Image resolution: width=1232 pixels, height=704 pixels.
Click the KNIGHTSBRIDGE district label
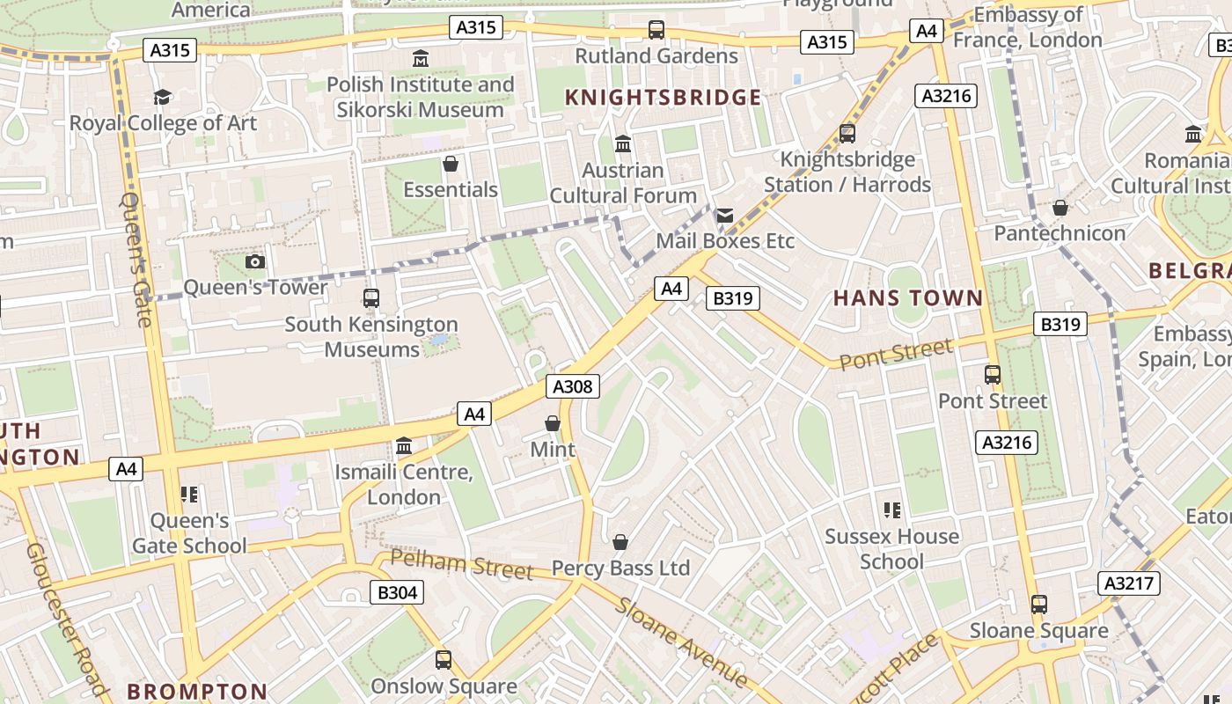click(x=663, y=98)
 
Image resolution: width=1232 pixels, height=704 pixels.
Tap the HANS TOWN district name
click(x=907, y=298)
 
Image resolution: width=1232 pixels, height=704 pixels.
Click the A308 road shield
click(x=573, y=386)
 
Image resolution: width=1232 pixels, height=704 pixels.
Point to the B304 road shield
click(x=397, y=592)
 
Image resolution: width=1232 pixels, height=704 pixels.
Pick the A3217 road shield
click(x=1129, y=583)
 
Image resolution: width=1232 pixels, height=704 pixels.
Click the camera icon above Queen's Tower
click(x=255, y=261)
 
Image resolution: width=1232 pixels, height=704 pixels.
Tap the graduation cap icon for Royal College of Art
click(x=163, y=97)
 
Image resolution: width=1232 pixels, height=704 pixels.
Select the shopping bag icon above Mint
click(x=553, y=424)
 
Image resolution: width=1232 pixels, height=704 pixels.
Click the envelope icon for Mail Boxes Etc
click(x=725, y=216)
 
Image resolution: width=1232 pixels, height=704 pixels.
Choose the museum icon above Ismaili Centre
click(x=404, y=446)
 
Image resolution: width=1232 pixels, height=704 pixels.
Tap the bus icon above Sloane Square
click(x=1039, y=605)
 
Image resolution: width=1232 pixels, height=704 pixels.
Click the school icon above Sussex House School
click(x=891, y=510)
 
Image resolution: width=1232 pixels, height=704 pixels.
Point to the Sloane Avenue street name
click(x=681, y=642)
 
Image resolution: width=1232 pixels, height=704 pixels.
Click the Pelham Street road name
click(x=461, y=564)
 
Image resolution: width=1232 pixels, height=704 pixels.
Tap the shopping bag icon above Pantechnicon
click(x=1060, y=208)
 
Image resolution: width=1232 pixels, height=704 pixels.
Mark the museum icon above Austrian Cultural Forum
click(x=623, y=143)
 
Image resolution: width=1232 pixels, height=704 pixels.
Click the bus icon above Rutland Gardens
click(x=656, y=30)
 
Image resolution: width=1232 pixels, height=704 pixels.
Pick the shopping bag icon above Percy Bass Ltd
click(x=620, y=542)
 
